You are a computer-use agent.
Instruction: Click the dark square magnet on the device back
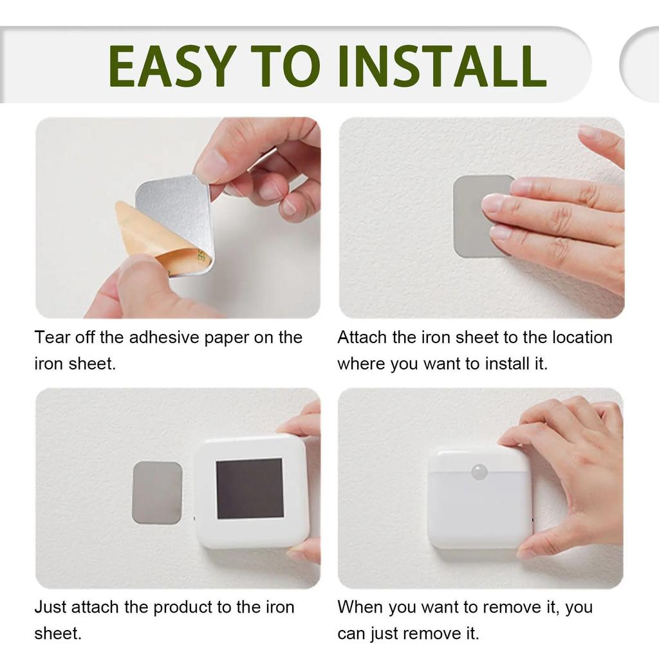(249, 488)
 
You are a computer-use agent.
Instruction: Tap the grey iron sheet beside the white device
(157, 492)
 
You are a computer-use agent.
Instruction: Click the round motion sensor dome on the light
(479, 471)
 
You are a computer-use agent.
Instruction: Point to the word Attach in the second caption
(362, 337)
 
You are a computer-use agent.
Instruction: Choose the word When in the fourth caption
(360, 608)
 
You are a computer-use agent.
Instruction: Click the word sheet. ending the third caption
(58, 634)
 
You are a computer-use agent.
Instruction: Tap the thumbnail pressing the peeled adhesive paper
(136, 269)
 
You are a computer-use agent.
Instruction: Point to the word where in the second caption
(361, 364)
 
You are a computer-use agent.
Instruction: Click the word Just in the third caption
(49, 608)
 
